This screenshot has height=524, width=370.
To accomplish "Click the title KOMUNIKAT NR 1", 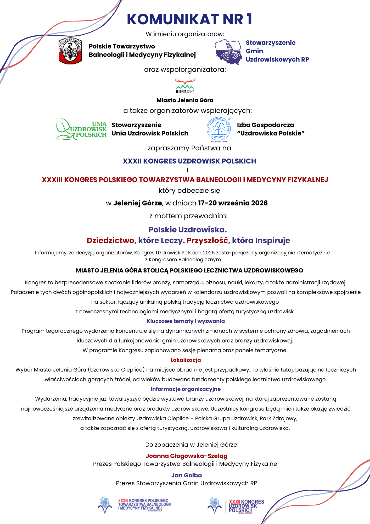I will point(189,19).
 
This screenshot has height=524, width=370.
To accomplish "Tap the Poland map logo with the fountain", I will point(228,52).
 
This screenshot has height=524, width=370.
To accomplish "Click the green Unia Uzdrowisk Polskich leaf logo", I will point(81,129).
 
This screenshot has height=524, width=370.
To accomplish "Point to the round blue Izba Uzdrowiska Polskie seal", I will point(219,129).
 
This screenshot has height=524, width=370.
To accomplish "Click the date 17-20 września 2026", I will point(233,203).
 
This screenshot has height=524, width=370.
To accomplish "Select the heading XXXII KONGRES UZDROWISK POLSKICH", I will point(189,161).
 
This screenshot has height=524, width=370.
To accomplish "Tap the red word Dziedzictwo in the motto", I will point(110,240).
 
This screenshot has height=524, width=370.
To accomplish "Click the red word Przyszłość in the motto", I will point(207,240).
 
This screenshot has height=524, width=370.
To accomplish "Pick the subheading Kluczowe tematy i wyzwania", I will point(186,321).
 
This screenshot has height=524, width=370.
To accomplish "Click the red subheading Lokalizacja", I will point(186,360).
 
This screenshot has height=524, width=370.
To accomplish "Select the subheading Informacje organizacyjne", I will point(186,389).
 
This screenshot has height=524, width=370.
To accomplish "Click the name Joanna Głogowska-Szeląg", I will point(187,456).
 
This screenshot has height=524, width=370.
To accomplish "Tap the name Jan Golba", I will point(187,475).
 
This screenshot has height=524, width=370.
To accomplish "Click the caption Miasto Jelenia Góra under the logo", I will point(185,100).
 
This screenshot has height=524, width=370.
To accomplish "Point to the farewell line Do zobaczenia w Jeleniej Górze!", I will point(192,445).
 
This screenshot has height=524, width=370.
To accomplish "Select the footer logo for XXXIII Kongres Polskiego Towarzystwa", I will point(134,505).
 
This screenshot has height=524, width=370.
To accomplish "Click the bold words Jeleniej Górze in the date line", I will point(137,203).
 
